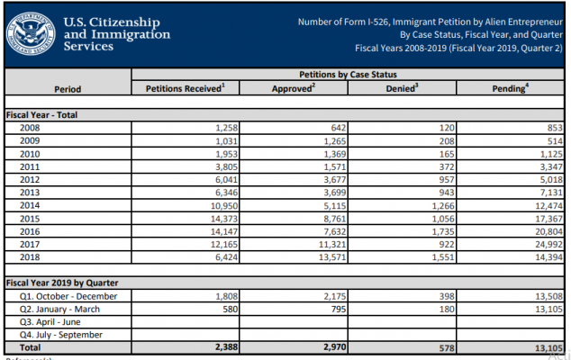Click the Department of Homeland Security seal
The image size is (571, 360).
tap(31, 34)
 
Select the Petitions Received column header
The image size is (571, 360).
tap(186, 88)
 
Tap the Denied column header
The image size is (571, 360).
tap(402, 88)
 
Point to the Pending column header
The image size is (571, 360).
tap(510, 88)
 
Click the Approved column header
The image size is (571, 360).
tap(294, 88)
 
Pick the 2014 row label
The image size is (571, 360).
tap(30, 205)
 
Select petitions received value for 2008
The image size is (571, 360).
tap(226, 128)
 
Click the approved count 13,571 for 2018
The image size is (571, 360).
tap(332, 257)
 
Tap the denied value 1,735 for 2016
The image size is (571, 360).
tap(443, 231)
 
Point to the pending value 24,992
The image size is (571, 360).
tap(548, 244)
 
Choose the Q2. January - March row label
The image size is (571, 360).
tap(59, 309)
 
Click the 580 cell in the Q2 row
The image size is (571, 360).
tap(231, 309)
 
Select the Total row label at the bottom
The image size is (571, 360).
tap(31, 347)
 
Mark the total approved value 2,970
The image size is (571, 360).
tap(335, 346)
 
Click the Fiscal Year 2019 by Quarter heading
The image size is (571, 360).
tap(62, 283)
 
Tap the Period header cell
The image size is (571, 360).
tap(68, 89)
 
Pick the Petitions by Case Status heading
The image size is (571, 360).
tap(349, 75)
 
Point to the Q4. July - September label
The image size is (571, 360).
tap(61, 335)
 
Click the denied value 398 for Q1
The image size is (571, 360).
tap(447, 296)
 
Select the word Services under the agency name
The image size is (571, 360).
tap(88, 46)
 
